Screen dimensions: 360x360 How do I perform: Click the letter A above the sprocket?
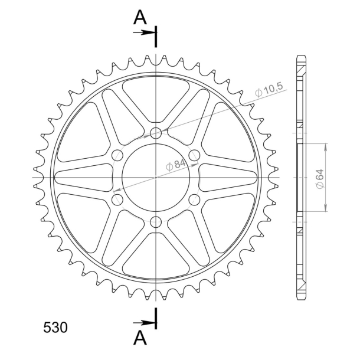click(x=140, y=19)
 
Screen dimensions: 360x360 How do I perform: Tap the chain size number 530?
click(x=55, y=328)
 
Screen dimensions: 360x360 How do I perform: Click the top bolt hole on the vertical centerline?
click(x=156, y=133)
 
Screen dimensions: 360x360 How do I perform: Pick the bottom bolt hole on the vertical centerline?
click(x=156, y=221)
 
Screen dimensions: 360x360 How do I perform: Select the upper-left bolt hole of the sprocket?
click(x=117, y=155)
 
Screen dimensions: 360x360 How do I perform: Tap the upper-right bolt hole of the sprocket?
click(x=195, y=155)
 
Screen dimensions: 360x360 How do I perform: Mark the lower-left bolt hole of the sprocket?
click(x=117, y=199)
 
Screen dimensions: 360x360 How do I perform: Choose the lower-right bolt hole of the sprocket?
click(x=195, y=199)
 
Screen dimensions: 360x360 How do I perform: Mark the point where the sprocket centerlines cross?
click(x=156, y=177)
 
